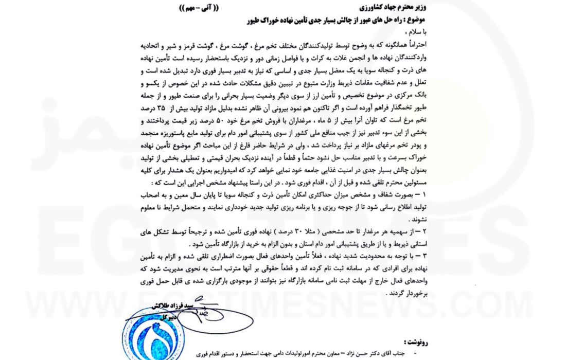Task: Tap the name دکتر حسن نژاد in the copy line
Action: point(372,354)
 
